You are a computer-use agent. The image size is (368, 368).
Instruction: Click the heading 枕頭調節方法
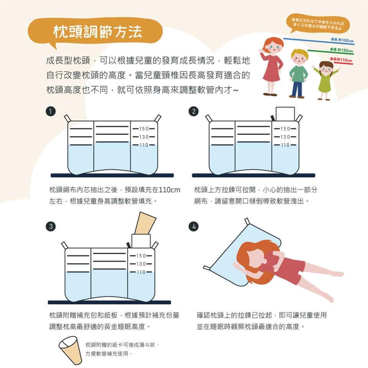point(98,31)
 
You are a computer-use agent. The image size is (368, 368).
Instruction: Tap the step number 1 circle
point(51,111)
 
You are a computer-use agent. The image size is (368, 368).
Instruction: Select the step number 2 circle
point(194,111)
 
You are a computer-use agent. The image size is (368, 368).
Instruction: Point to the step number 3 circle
point(51,226)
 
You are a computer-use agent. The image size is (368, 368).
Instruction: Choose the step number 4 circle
point(194,226)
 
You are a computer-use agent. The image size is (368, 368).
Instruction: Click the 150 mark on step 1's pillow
point(144,129)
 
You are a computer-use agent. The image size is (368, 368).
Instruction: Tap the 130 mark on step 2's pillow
point(285,137)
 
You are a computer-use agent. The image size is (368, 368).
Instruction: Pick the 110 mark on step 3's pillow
point(141,272)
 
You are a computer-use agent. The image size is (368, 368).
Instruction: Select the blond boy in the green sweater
point(298,73)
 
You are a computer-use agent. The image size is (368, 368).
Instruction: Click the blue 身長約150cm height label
point(342,40)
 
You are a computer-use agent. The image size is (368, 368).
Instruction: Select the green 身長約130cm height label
point(342,50)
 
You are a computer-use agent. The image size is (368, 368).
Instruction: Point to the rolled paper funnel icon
point(70,350)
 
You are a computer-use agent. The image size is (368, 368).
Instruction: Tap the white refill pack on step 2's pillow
point(285,114)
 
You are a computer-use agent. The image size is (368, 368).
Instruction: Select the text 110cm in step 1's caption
point(169,190)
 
